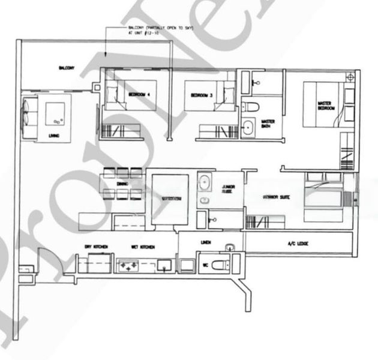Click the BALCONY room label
click(x=66, y=68)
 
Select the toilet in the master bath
click(x=251, y=106)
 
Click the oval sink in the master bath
click(x=248, y=128)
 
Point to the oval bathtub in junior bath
click(x=205, y=182)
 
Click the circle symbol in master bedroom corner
click(x=350, y=77)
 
